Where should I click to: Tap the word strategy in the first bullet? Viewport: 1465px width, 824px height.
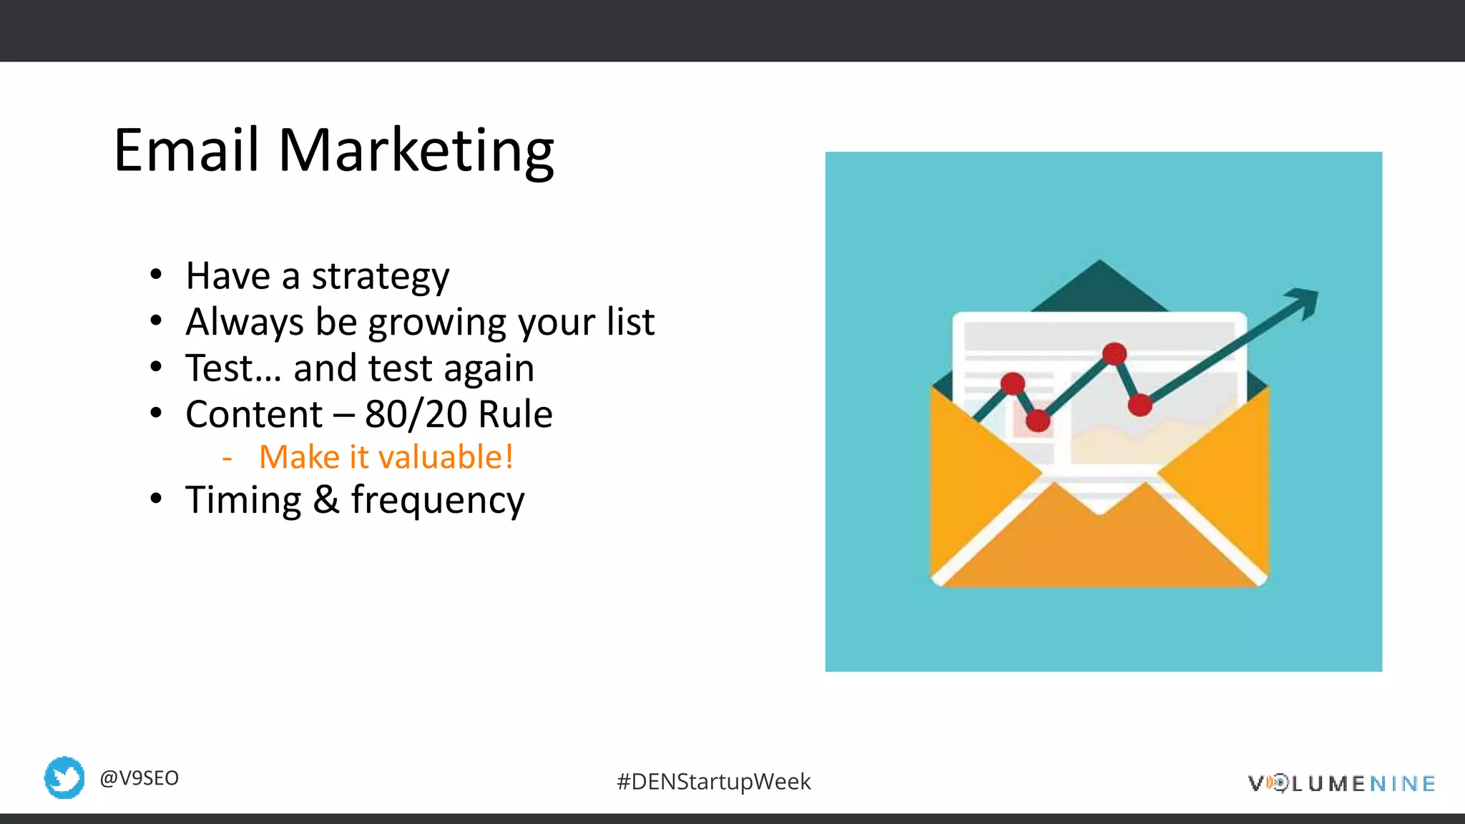[x=381, y=277]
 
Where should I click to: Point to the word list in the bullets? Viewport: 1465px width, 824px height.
[x=630, y=321]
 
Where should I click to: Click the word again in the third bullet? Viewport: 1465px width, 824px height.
[x=489, y=369]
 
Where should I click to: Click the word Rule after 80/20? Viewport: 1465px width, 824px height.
[x=515, y=414]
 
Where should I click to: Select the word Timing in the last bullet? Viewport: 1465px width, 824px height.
[x=243, y=500]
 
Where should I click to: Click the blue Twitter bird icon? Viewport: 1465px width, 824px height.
[x=64, y=778]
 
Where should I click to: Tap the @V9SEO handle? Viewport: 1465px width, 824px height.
[x=139, y=778]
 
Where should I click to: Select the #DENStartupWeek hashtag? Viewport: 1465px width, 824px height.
[x=713, y=782]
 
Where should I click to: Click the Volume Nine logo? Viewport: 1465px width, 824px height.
[x=1341, y=783]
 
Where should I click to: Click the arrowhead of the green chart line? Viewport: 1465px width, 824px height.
[x=1305, y=300]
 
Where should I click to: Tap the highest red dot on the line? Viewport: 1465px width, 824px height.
[x=1114, y=353]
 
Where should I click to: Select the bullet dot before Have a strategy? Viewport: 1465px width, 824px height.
[x=156, y=276]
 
